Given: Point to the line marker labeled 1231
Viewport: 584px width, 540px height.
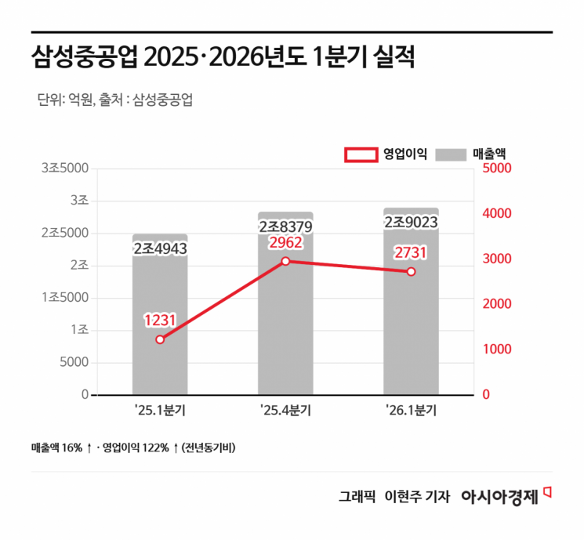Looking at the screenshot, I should (160, 339).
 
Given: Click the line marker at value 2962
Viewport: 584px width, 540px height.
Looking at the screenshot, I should (285, 261).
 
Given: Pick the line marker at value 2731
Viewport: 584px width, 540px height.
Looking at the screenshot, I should (411, 271).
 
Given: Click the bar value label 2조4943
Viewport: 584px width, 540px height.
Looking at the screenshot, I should (160, 248).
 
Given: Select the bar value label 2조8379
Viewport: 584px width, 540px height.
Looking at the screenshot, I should (285, 227).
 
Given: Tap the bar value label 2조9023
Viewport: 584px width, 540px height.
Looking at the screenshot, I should (411, 223).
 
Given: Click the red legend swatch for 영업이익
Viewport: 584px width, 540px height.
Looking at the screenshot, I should (360, 154).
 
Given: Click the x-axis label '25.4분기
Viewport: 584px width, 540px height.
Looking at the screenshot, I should (285, 410).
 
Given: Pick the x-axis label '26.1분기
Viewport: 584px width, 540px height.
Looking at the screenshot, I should (411, 410).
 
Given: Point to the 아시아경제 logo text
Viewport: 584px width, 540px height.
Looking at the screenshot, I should (499, 496).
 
